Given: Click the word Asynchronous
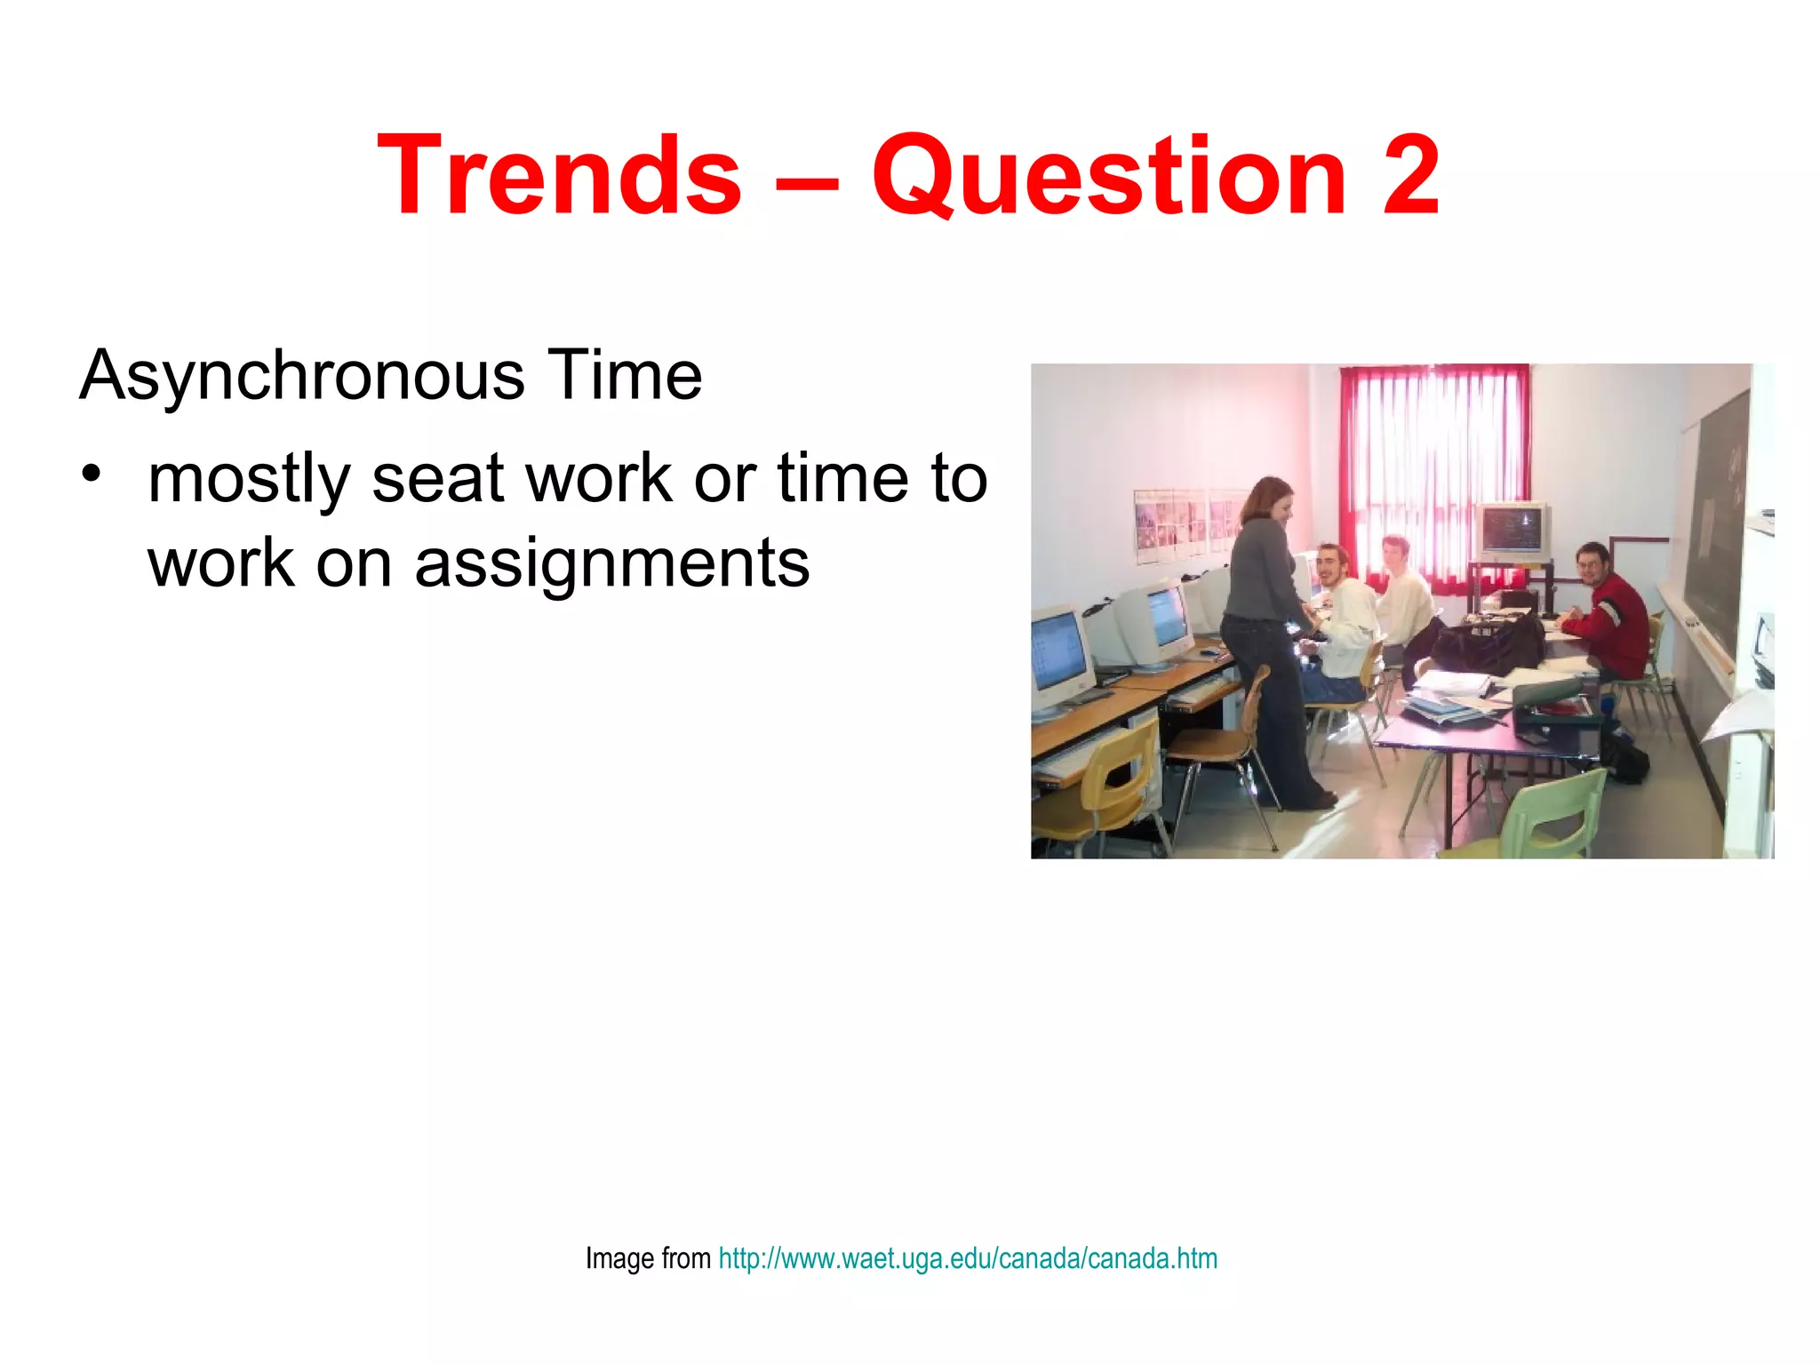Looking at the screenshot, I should [x=302, y=375].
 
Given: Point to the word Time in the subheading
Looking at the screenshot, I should [x=624, y=375].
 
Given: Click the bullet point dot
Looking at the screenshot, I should [x=90, y=473].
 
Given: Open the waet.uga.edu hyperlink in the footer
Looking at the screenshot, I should [x=968, y=1258].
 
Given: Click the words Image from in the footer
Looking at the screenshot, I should [x=648, y=1258].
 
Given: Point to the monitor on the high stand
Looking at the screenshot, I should [x=1513, y=531].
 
